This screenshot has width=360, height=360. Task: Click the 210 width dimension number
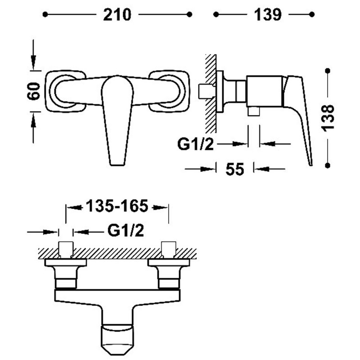coord(117,15)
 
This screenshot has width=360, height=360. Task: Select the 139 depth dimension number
coord(268,15)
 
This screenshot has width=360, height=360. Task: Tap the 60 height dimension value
coord(34,91)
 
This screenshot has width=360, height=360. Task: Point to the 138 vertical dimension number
coord(328,118)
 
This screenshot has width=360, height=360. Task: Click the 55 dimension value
coord(234,169)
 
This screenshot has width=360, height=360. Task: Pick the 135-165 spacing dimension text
coord(117,206)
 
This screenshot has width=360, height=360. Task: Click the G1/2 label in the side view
coord(195,144)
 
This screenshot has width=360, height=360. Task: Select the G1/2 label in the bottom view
coord(126,230)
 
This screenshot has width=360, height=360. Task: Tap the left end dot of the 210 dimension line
coord(45,14)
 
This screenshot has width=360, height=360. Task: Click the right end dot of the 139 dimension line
coord(312,14)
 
